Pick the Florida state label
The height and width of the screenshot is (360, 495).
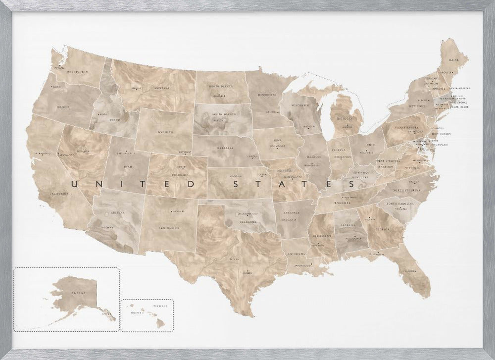[409, 271]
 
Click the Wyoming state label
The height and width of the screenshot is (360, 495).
[162, 132]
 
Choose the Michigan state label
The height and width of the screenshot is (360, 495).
[345, 119]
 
